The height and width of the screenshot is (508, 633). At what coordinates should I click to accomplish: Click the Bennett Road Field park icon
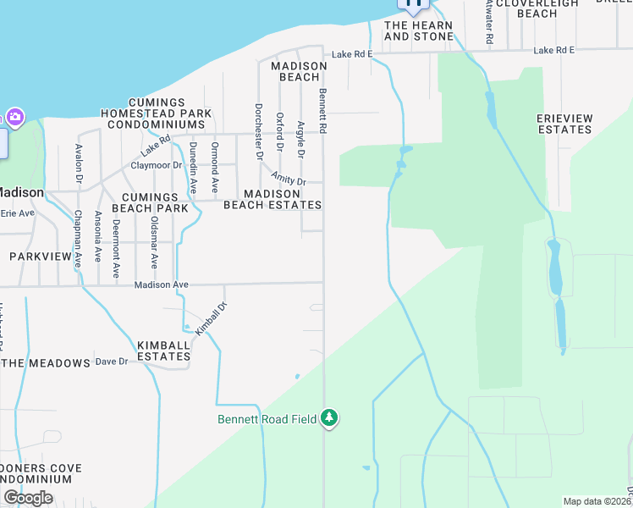tap(329, 418)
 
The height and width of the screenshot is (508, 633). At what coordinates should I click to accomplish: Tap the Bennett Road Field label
tap(267, 419)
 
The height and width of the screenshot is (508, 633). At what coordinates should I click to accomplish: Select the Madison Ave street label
tap(161, 285)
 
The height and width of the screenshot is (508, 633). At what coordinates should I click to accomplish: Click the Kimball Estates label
tap(163, 351)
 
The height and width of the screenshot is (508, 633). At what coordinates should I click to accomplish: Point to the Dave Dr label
tap(111, 362)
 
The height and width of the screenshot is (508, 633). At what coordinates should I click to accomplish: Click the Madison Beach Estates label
tap(272, 199)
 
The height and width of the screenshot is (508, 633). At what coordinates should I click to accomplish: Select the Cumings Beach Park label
tap(150, 202)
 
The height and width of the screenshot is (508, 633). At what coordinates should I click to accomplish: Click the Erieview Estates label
tap(564, 124)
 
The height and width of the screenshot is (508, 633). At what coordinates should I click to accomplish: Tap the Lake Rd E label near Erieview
tap(553, 51)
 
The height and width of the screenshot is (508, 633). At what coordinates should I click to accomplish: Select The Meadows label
tap(46, 363)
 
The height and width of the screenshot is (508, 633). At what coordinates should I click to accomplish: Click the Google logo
tap(27, 497)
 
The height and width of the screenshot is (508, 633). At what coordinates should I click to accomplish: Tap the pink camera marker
tap(14, 117)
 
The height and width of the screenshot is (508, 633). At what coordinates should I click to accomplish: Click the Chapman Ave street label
tap(77, 239)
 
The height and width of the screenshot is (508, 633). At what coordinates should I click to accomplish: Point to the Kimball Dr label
tap(212, 319)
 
